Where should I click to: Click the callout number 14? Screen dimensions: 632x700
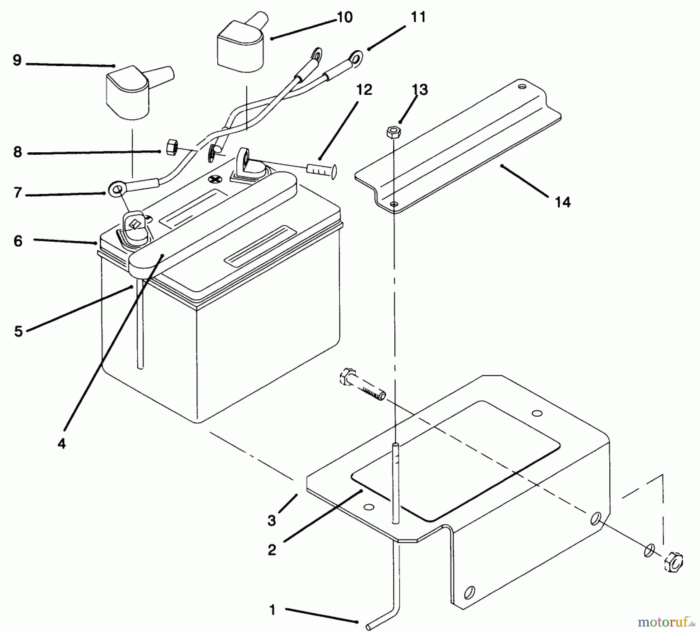point(563,202)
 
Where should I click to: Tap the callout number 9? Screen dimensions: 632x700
point(17,61)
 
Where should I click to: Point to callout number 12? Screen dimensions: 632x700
point(364,90)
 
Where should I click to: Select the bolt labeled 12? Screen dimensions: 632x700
point(322,169)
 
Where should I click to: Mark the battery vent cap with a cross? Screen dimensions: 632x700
point(214,179)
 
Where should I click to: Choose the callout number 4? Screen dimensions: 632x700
point(61,444)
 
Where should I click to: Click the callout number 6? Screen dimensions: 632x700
point(18,241)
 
